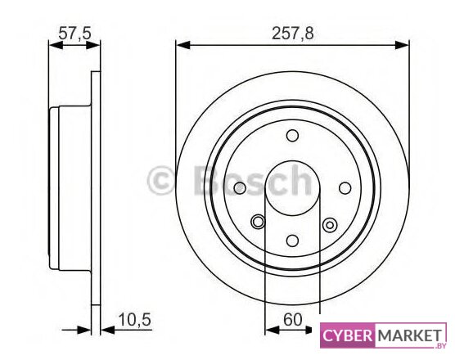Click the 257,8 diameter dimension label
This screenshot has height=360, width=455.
[292, 34]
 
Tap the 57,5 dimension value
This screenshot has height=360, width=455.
[74, 33]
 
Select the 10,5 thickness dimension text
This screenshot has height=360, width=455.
[135, 320]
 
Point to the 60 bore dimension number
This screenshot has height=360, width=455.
[292, 320]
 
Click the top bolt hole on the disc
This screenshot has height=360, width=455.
[292, 136]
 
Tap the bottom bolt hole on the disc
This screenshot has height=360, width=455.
[292, 241]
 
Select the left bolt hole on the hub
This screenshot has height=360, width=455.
[240, 188]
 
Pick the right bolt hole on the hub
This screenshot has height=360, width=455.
[345, 188]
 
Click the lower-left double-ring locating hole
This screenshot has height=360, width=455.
[258, 222]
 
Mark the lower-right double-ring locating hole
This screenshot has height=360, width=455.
[330, 225]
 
